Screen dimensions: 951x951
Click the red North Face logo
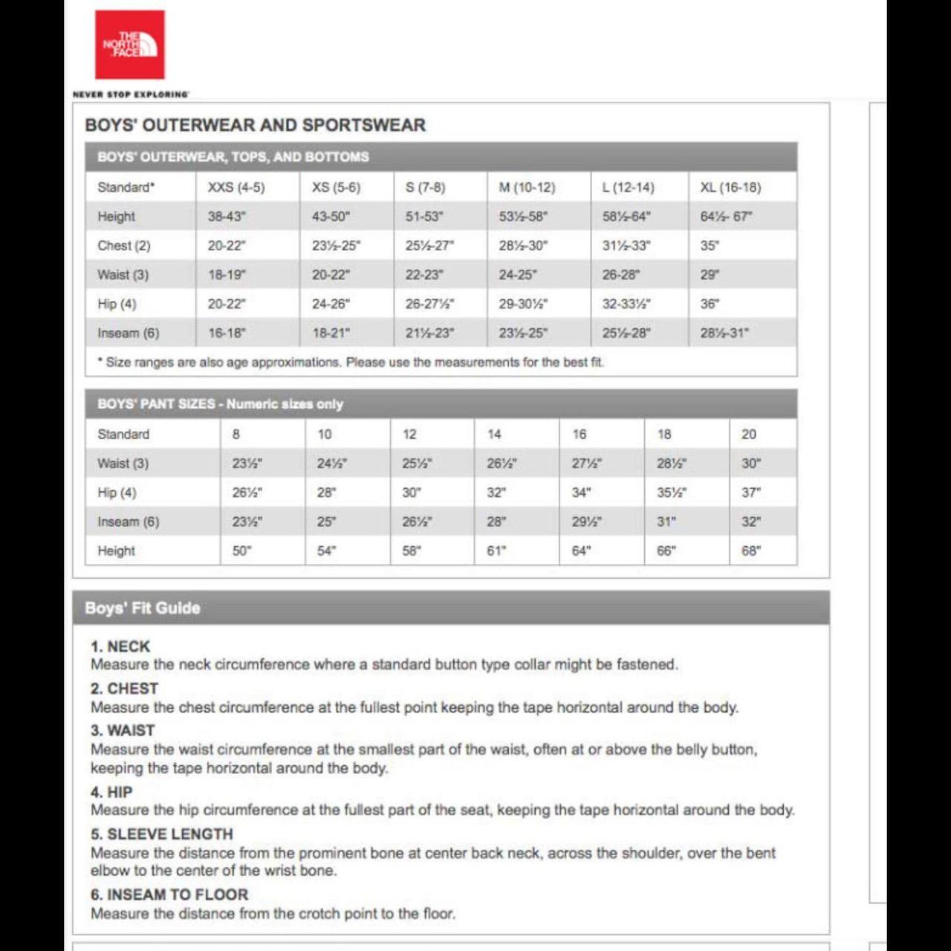(129, 45)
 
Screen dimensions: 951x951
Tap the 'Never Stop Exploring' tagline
(131, 94)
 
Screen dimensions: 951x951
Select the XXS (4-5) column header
(236, 187)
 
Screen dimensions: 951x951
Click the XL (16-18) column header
(730, 187)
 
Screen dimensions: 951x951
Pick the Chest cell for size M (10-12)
(523, 245)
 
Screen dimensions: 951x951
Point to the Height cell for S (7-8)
(423, 216)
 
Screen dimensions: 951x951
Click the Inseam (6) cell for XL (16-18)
(724, 333)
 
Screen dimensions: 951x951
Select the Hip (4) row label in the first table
(117, 304)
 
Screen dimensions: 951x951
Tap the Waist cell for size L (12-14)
(620, 275)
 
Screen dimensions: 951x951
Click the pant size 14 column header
(494, 434)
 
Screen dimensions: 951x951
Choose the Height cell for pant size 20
(750, 551)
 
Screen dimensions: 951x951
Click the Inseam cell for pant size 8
(247, 522)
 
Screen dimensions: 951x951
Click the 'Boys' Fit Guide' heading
(142, 608)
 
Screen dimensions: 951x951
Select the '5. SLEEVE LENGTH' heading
(162, 834)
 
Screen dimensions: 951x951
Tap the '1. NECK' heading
(120, 646)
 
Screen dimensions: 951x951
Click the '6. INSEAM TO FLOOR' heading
(169, 895)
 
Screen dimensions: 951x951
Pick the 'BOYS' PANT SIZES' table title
(220, 404)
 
